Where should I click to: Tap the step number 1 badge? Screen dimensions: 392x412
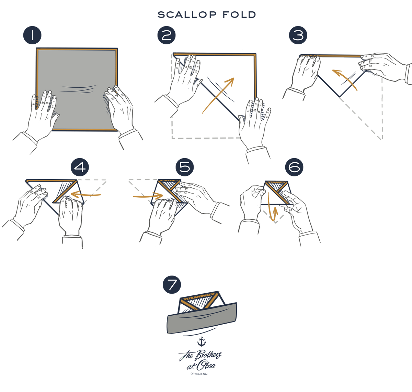click(32, 36)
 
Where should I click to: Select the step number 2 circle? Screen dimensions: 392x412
click(167, 36)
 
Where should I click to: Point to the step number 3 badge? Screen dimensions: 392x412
click(298, 36)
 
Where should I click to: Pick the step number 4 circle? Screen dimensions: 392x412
click(80, 167)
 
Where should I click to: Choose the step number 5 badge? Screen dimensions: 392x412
click(185, 167)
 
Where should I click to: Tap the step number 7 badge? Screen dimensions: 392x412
click(172, 285)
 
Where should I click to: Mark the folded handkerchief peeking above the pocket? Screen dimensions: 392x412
click(201, 299)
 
